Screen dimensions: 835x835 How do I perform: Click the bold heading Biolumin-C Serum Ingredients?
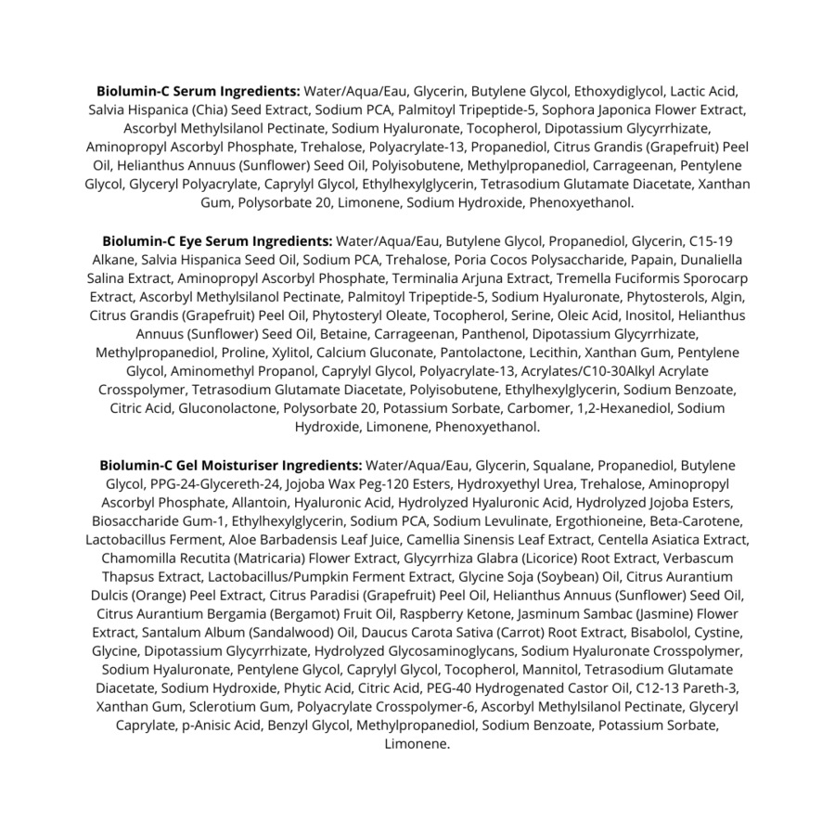[199, 92]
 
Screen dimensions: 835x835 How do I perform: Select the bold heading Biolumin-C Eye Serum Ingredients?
[217, 241]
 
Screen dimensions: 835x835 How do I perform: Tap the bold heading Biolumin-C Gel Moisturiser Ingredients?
[231, 465]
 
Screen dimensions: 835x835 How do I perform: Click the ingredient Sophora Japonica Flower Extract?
[655, 110]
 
